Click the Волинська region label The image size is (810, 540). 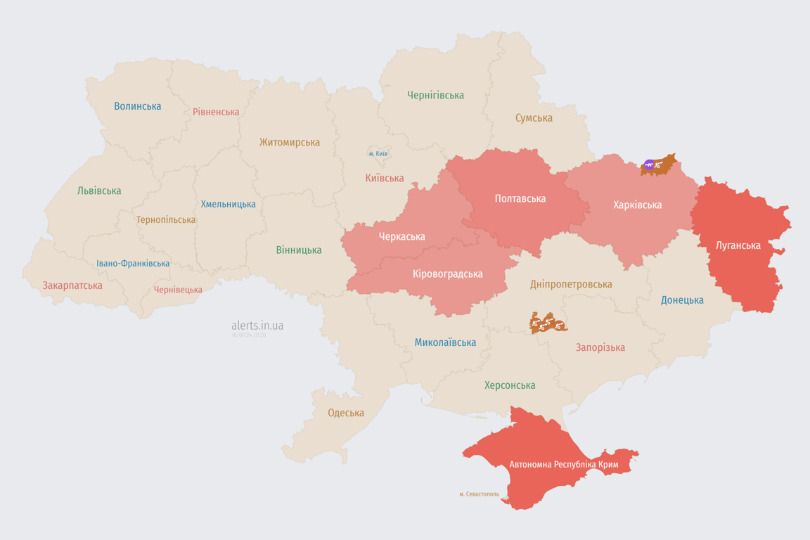point(138,106)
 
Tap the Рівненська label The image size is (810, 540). point(216,112)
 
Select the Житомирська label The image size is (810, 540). point(290,142)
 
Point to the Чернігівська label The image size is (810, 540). point(435,95)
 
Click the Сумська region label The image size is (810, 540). point(534,118)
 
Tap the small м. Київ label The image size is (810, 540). point(378,153)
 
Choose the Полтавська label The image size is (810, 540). point(520,199)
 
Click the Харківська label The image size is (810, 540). point(637,205)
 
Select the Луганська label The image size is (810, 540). point(738,245)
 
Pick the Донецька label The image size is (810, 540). point(682,300)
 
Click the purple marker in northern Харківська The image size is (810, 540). point(648,165)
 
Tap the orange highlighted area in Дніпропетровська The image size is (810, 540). point(548,323)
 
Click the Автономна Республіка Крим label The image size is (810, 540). point(564,465)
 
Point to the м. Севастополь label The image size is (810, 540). point(479,494)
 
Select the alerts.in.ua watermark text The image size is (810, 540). point(257,326)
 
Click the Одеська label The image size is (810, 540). point(346,413)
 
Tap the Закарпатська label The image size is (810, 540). point(72,285)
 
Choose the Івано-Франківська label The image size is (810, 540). point(133,264)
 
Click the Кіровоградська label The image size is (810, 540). point(448,274)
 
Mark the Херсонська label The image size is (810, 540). point(510,385)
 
